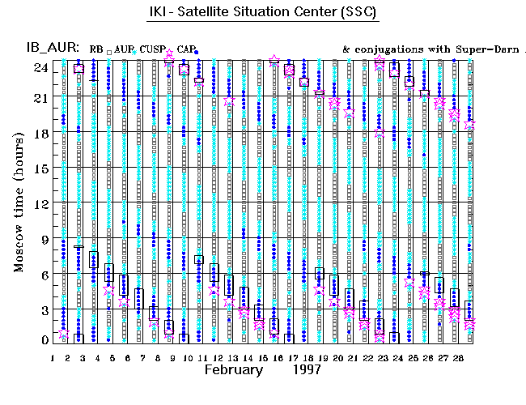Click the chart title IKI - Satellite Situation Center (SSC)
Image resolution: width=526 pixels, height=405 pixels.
coord(264,14)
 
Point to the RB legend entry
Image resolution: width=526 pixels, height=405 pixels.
coord(96,49)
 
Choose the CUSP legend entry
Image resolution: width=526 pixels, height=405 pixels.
coord(152,49)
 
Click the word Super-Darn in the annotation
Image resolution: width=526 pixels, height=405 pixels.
coord(478,49)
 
